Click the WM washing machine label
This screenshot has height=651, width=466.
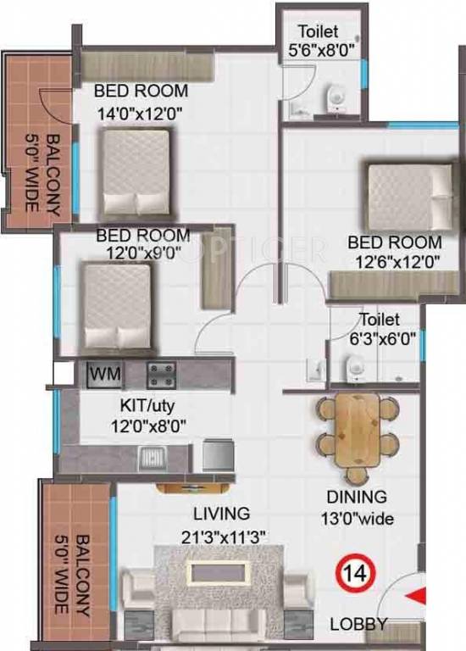[104, 373]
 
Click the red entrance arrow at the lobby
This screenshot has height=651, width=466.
[416, 599]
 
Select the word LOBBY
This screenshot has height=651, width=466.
[358, 626]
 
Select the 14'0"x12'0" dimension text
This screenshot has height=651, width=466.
[141, 110]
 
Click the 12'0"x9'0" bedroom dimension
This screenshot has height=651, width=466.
[141, 253]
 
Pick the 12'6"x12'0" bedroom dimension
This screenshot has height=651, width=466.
[394, 262]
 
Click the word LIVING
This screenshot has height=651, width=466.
[222, 514]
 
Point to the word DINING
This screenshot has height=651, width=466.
[357, 498]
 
